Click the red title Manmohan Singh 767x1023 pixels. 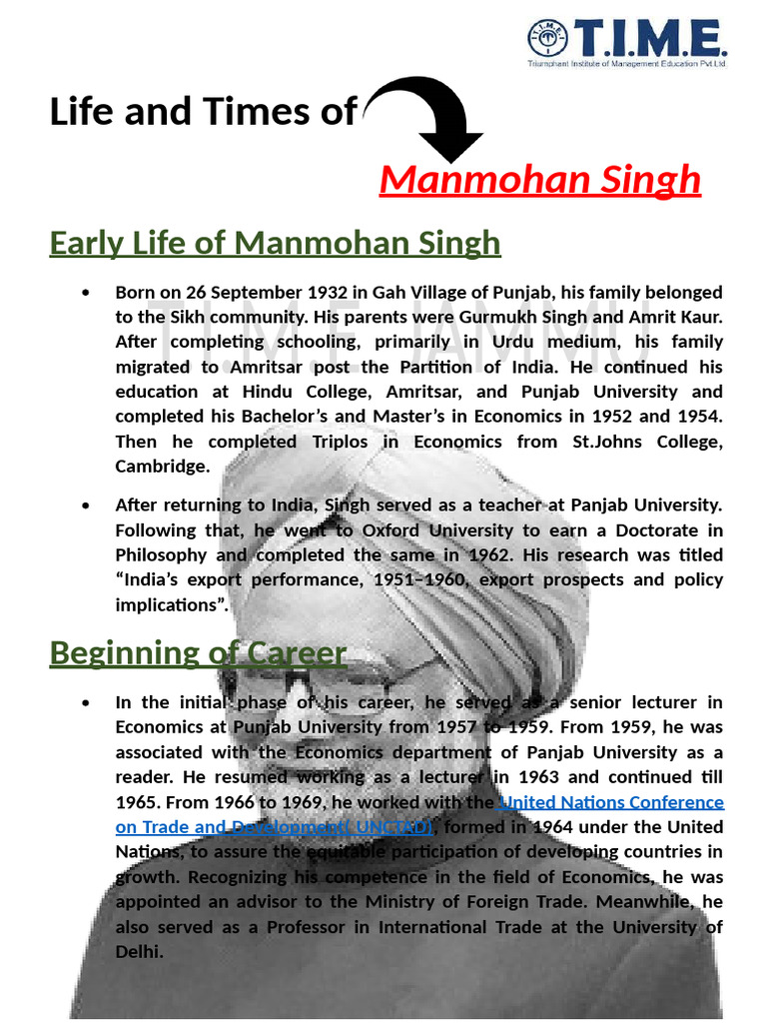[x=540, y=181]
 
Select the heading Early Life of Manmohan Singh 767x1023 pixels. [x=275, y=243]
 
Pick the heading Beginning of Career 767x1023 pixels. [x=198, y=653]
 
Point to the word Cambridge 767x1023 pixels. [x=162, y=467]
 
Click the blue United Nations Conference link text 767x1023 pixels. [x=610, y=802]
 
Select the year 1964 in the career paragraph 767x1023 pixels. [x=554, y=827]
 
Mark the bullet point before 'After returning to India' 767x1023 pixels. [x=89, y=506]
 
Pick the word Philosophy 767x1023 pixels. [x=162, y=555]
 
